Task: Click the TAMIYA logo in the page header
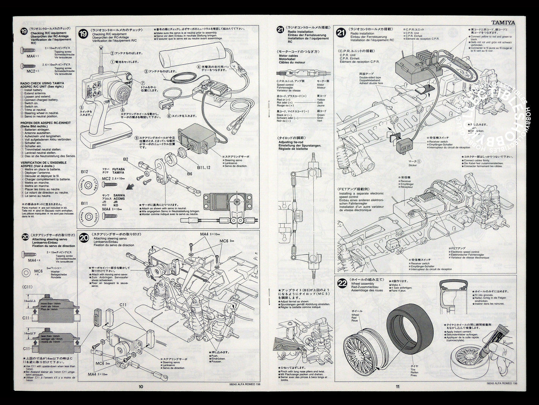[x=502, y=22]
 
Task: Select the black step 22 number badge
[x=341, y=283]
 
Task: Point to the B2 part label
[x=126, y=159]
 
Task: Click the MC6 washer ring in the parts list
[x=26, y=272]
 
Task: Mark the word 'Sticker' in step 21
[x=413, y=165]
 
